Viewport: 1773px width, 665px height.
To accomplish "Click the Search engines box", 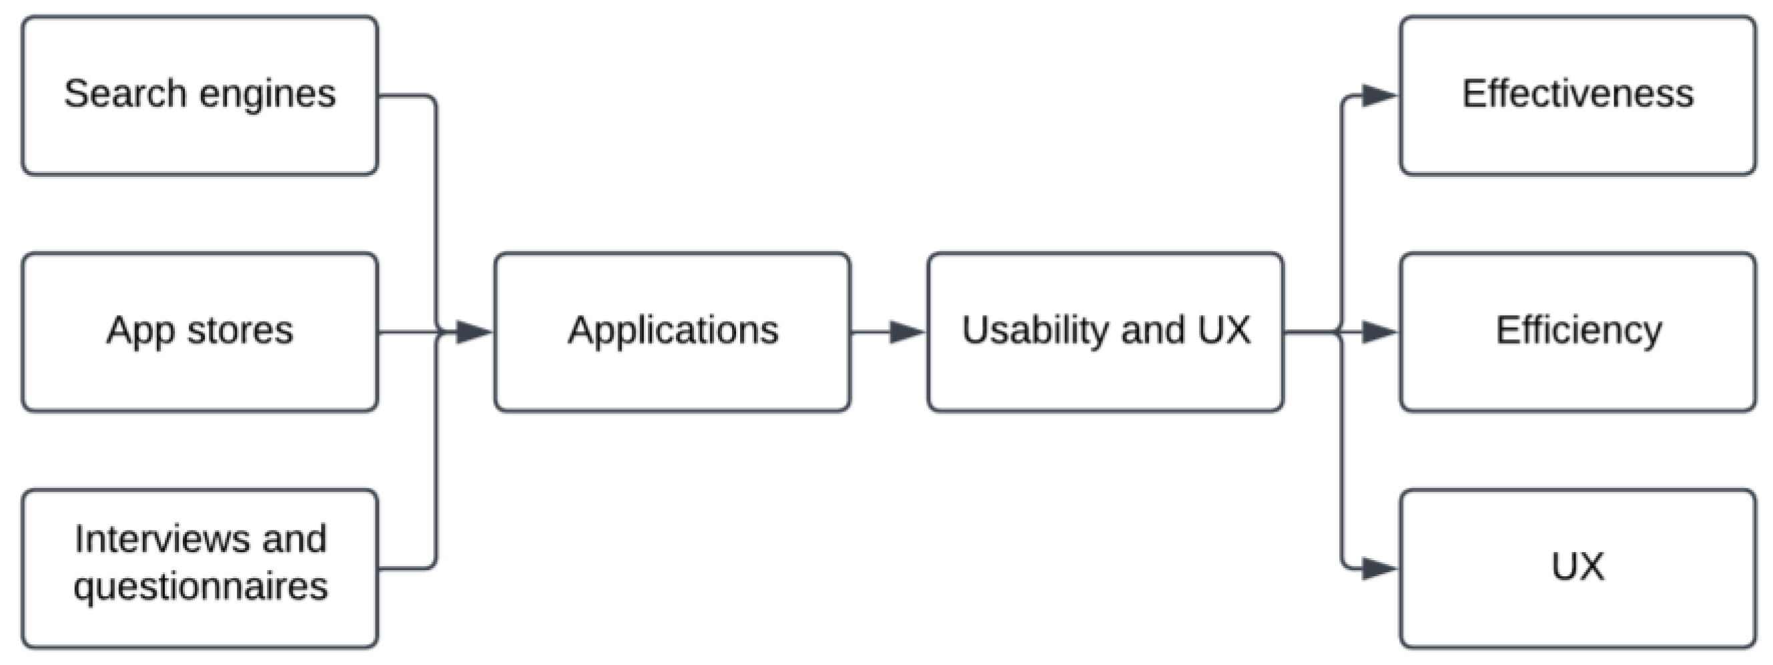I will (x=200, y=95).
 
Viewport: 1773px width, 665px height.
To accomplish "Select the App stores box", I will (x=200, y=332).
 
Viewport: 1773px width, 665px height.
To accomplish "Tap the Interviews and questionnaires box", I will (x=200, y=569).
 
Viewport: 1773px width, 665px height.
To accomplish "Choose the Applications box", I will (x=673, y=332).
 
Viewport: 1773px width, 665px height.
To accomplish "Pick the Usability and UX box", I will (x=1104, y=332).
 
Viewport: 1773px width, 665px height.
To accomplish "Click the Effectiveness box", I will (x=1577, y=95).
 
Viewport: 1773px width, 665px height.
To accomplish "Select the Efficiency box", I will (x=1577, y=332).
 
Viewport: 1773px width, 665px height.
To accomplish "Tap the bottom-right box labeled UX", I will (x=1577, y=569).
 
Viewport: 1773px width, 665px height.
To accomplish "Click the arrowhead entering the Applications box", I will (x=474, y=332).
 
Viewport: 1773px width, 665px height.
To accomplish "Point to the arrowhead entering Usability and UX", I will (x=906, y=332).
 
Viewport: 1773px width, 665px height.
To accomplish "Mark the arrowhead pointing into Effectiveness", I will (x=1379, y=95).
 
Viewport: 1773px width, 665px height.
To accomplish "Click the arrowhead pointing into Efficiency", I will (x=1379, y=332).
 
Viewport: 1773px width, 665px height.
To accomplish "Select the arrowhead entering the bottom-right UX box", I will (x=1379, y=569).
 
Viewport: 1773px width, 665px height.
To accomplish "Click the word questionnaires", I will (x=200, y=586).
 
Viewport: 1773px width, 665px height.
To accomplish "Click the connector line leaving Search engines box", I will (x=436, y=206).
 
